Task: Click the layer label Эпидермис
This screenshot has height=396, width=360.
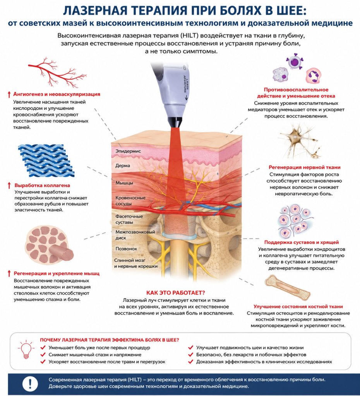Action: (128, 151)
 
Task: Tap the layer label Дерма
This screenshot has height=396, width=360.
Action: (123, 166)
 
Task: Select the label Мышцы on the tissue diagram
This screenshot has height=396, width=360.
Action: (124, 183)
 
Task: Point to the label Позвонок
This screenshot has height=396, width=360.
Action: (126, 249)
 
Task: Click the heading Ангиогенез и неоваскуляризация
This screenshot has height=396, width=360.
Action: (57, 94)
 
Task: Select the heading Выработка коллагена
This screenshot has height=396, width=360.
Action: (42, 185)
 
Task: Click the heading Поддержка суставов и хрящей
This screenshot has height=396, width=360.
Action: (301, 242)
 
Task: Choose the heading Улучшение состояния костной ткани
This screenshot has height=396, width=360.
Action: (298, 306)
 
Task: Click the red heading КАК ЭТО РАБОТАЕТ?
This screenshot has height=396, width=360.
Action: (176, 293)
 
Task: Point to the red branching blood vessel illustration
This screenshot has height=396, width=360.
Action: (57, 72)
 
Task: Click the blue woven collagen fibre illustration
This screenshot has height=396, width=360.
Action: (46, 161)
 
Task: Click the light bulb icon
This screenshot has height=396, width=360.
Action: (26, 349)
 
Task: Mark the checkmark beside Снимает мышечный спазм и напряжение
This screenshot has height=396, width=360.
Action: (43, 355)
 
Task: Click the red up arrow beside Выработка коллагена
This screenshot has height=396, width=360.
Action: (9, 185)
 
